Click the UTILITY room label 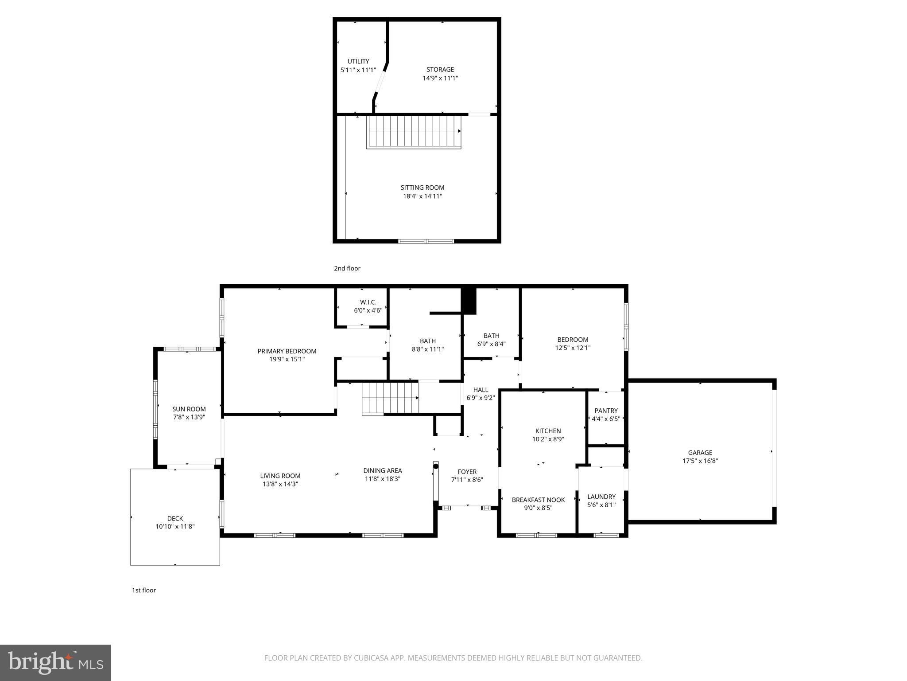(x=358, y=62)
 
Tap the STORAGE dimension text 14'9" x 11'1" (x=440, y=78)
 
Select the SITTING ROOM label (x=422, y=188)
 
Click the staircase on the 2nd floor (x=415, y=132)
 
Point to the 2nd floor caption (x=347, y=268)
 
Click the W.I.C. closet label (x=368, y=302)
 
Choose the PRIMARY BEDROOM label (x=287, y=351)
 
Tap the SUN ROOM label (x=189, y=409)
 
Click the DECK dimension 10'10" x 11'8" (x=175, y=527)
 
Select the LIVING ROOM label (x=280, y=476)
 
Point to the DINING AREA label (x=383, y=470)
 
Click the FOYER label (x=467, y=472)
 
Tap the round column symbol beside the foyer (x=436, y=466)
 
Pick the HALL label (x=481, y=390)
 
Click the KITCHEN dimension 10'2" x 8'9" (x=548, y=439)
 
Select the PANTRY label (x=606, y=411)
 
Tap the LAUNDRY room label (x=601, y=497)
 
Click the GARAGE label (x=700, y=453)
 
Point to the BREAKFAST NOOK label (x=539, y=500)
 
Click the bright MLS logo (x=55, y=662)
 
